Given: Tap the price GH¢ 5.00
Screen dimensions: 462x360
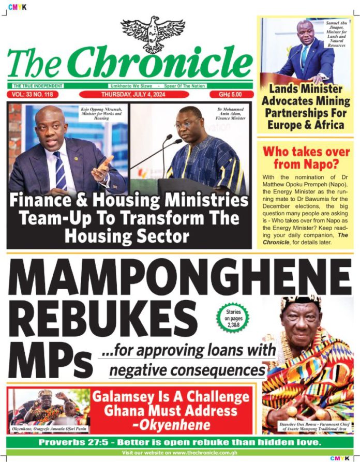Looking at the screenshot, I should [232, 95].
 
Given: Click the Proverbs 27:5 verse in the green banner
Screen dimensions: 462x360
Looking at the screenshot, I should [180, 443].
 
